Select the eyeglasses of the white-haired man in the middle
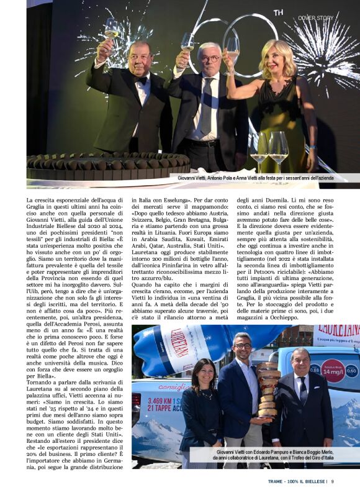[210, 58]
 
